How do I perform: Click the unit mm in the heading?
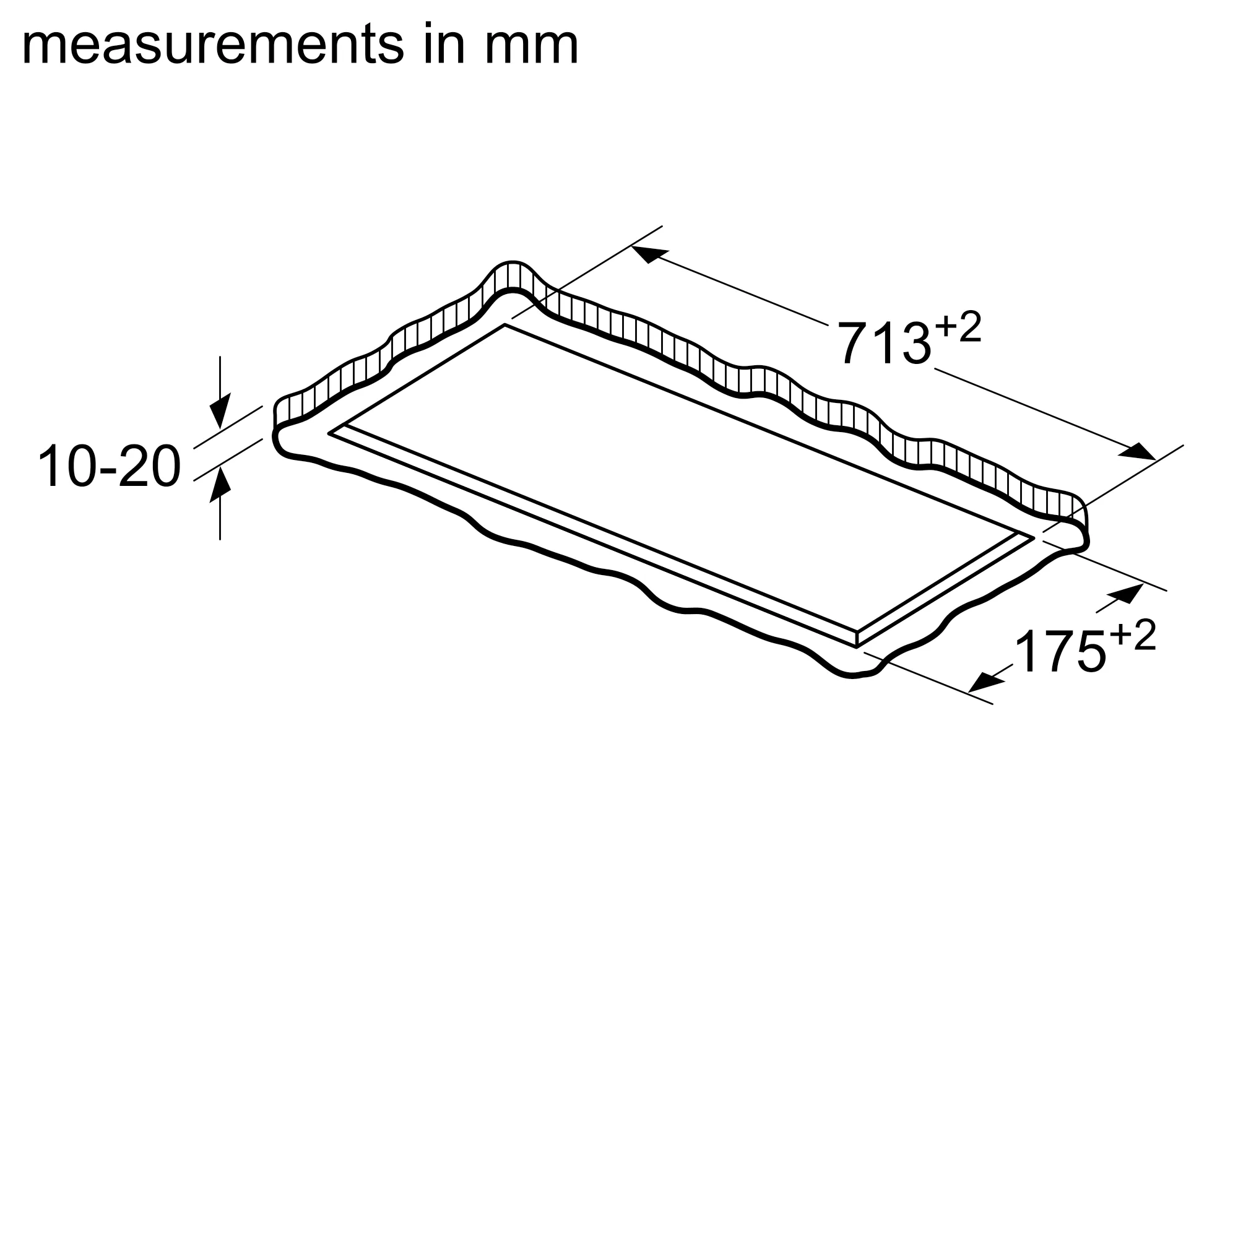531,46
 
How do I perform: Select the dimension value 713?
884,344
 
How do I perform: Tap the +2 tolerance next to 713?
958,327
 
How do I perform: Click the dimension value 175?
1060,653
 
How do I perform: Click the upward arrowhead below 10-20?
220,485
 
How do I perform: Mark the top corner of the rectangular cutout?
505,325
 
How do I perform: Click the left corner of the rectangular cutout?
329,434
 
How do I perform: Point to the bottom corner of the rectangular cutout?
857,647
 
